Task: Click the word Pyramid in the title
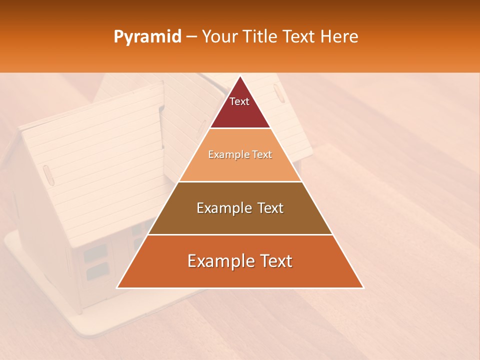pyautogui.click(x=147, y=37)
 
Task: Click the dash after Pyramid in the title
pyautogui.click(x=191, y=37)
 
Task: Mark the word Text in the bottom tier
pyautogui.click(x=275, y=261)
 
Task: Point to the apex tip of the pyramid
pyautogui.click(x=240, y=76)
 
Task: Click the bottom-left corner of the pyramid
pyautogui.click(x=117, y=287)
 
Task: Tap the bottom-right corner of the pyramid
pyautogui.click(x=363, y=287)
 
